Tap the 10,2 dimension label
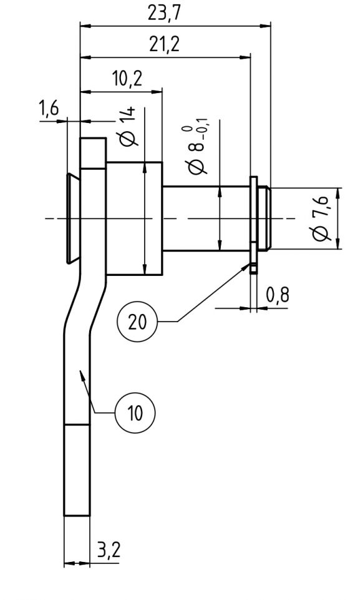[127, 79]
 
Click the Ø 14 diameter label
[128, 127]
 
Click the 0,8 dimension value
[278, 295]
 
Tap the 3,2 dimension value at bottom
[109, 551]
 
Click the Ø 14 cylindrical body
[134, 219]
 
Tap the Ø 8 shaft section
[206, 219]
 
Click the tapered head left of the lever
[72, 219]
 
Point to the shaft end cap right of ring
[264, 219]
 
